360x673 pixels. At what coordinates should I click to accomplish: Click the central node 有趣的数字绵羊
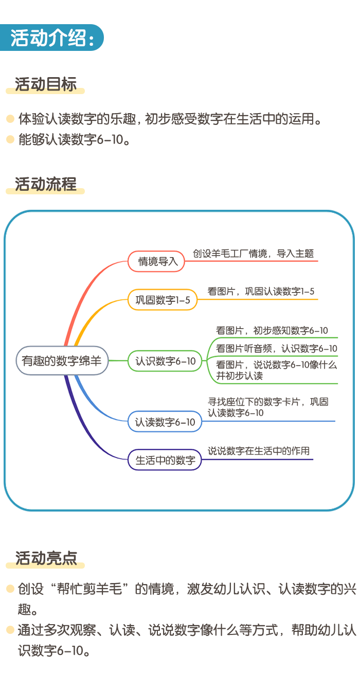[62, 361]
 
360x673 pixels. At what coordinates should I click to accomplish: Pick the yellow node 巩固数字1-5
[163, 300]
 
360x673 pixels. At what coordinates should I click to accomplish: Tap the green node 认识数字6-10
[165, 361]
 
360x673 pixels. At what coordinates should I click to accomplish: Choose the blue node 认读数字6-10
[165, 422]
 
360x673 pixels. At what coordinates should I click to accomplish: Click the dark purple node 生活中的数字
[165, 460]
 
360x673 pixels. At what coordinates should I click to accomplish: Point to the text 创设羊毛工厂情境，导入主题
[253, 253]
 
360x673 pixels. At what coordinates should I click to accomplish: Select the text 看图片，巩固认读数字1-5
[261, 292]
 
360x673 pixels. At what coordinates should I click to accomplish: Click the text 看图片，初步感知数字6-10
[272, 331]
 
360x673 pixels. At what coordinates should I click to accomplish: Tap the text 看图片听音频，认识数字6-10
[276, 349]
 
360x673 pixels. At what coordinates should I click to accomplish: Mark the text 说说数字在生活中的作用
[259, 451]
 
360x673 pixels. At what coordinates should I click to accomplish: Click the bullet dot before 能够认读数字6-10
[10, 139]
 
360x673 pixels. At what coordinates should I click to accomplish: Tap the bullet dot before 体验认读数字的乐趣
[10, 119]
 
